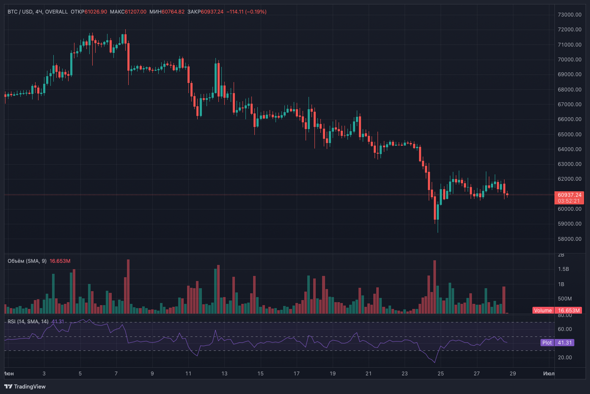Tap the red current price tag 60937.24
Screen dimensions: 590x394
coord(569,195)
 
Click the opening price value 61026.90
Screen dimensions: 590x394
coord(96,11)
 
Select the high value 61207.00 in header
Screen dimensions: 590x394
coord(135,11)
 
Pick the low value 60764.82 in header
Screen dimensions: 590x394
coord(173,11)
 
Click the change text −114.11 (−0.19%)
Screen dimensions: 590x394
coord(246,11)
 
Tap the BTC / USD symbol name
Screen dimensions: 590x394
coord(20,11)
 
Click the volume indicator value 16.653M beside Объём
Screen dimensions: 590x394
coord(60,261)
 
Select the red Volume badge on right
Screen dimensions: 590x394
coord(543,310)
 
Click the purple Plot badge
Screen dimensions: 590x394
coord(547,343)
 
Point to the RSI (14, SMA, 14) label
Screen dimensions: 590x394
coord(28,321)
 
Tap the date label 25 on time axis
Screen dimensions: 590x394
coord(441,373)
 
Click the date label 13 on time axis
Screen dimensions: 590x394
coord(224,373)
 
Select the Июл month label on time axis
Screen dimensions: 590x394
coord(549,373)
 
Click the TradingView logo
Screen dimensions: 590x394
coord(25,386)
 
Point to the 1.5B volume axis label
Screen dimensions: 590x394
coord(563,269)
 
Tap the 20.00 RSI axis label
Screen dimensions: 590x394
coord(565,357)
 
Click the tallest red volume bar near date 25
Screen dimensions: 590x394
coord(435,287)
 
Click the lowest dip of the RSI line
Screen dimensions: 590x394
coord(435,362)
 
